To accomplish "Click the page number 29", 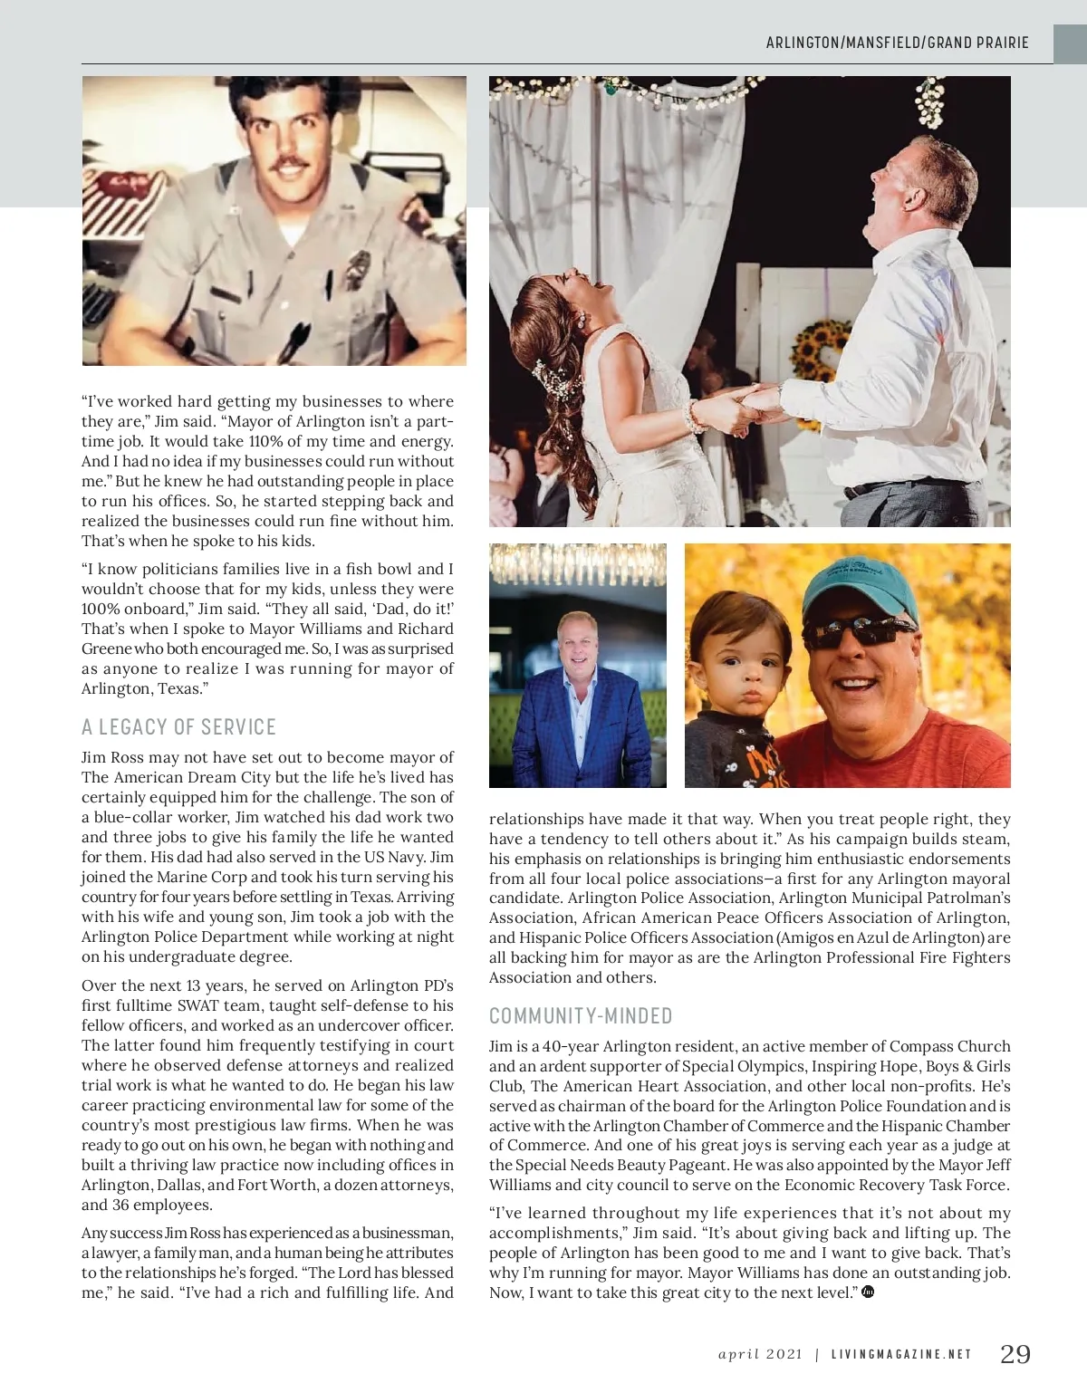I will (x=1015, y=1354).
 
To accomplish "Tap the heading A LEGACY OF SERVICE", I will (x=178, y=727).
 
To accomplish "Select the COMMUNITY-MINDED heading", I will (x=581, y=1015).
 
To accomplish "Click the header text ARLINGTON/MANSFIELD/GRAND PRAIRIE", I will (x=898, y=43).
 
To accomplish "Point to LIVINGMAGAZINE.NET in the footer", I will (x=901, y=1355).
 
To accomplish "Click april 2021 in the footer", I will (x=761, y=1355).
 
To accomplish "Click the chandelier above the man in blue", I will (x=578, y=566).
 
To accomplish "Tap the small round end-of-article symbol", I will (x=869, y=1292).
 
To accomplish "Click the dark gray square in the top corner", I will (x=1070, y=43).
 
